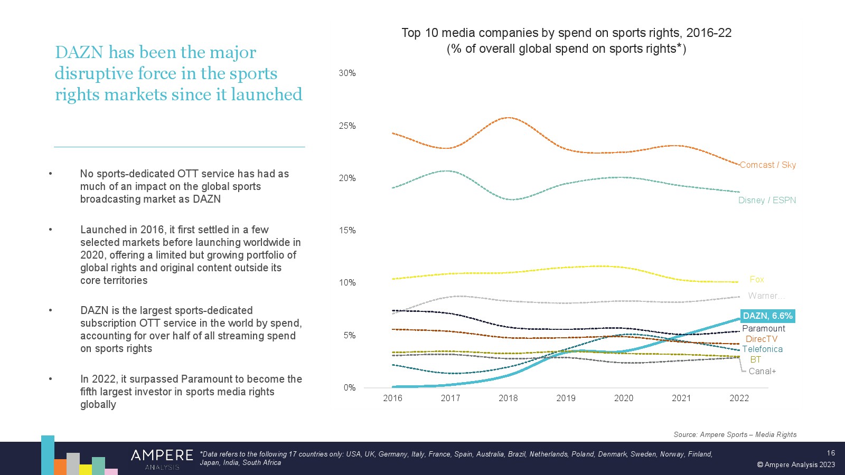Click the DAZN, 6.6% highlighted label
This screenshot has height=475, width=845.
pyautogui.click(x=767, y=316)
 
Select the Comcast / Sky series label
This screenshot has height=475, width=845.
pyautogui.click(x=767, y=165)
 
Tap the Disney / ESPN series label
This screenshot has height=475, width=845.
pyautogui.click(x=767, y=200)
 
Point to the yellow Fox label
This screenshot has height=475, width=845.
pyautogui.click(x=757, y=279)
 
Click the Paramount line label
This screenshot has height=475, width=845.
pyautogui.click(x=764, y=328)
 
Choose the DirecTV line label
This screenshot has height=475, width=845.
pyautogui.click(x=762, y=339)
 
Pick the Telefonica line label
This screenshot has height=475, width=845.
pyautogui.click(x=762, y=349)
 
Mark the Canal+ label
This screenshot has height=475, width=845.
pyautogui.click(x=762, y=371)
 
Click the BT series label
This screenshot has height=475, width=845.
pyautogui.click(x=756, y=359)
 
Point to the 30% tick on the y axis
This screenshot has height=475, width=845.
pyautogui.click(x=347, y=73)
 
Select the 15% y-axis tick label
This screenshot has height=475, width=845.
pyautogui.click(x=347, y=230)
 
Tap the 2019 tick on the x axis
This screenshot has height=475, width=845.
pyautogui.click(x=566, y=398)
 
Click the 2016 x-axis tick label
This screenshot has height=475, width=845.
pyautogui.click(x=392, y=398)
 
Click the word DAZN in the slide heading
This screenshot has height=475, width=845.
pyautogui.click(x=79, y=52)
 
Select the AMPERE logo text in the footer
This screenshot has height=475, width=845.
pyautogui.click(x=162, y=455)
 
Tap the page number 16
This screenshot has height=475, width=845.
pyautogui.click(x=831, y=453)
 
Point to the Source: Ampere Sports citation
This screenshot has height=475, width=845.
pyautogui.click(x=735, y=434)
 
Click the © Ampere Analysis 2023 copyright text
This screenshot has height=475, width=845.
pyautogui.click(x=796, y=464)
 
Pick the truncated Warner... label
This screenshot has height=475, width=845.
pyautogui.click(x=766, y=296)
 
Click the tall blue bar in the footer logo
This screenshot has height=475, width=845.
pyautogui.click(x=48, y=454)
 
